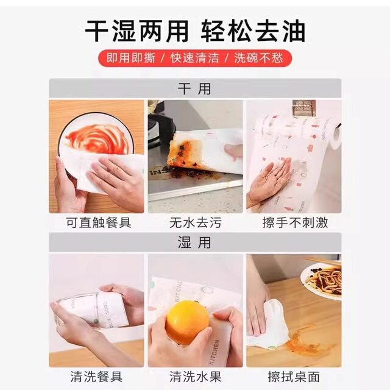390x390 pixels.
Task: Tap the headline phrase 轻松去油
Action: (255, 30)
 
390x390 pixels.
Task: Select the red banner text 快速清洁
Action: (194, 58)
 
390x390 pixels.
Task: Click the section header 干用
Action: (194, 88)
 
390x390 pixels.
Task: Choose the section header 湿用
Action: (194, 242)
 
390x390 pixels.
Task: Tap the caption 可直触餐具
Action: (98, 222)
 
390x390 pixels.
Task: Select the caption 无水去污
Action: (194, 222)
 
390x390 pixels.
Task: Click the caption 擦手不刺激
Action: (291, 222)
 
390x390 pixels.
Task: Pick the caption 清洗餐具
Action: (98, 376)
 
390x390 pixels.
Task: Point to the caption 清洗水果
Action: (194, 376)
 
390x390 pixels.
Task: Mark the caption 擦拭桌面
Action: (291, 376)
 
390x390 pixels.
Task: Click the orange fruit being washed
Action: (186, 321)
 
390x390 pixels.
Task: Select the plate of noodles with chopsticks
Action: (323, 280)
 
